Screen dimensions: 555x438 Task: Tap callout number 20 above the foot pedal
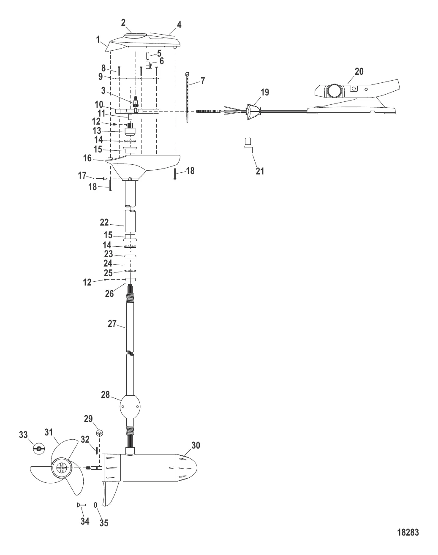click(359, 71)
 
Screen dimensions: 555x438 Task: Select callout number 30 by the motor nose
click(196, 445)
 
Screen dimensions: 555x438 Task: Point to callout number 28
click(105, 394)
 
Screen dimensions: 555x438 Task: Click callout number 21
click(260, 171)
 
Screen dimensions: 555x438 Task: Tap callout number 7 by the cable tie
click(202, 81)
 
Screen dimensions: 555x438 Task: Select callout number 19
click(265, 92)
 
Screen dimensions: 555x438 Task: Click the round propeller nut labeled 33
click(38, 449)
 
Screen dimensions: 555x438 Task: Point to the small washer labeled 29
click(100, 433)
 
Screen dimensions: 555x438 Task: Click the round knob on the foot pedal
click(334, 90)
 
